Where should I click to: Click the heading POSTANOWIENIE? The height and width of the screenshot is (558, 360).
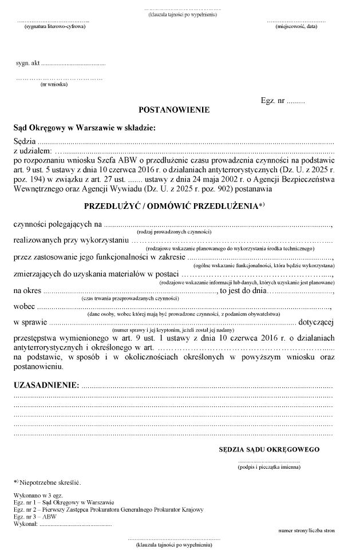[x=174, y=109]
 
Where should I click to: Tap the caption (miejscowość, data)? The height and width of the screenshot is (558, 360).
[x=296, y=27]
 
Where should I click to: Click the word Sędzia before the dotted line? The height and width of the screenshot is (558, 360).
[x=25, y=141]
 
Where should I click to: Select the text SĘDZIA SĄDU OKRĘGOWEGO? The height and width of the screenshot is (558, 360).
[x=269, y=450]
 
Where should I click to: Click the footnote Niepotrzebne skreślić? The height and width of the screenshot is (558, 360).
[x=52, y=482]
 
